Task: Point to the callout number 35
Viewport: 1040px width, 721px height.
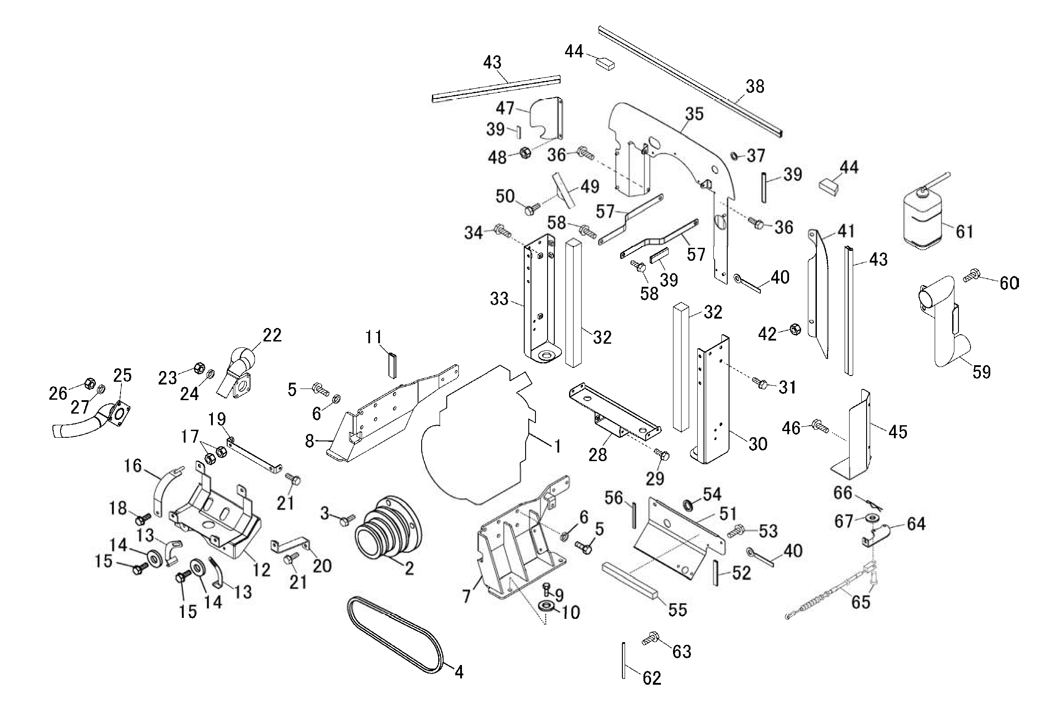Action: [x=694, y=114]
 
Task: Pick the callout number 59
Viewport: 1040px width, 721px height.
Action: [x=981, y=372]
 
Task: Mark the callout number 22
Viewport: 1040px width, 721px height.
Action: [x=272, y=335]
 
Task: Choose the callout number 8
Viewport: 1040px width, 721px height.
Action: [x=309, y=441]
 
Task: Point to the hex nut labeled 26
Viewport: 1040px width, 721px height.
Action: [x=90, y=384]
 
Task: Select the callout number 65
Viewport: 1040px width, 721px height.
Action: [x=860, y=602]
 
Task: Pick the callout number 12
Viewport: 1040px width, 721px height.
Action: [x=262, y=570]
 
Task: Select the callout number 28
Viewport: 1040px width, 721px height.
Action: [x=597, y=455]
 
